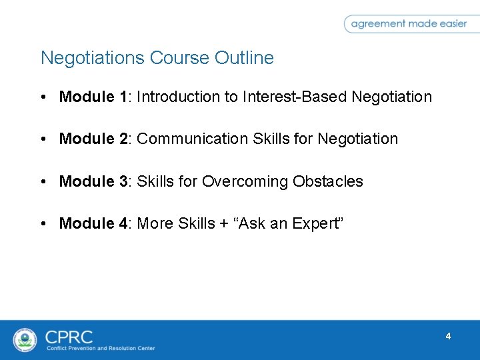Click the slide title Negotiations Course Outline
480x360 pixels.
click(x=157, y=58)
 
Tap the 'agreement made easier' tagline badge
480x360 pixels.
click(x=409, y=23)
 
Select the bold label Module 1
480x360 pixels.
click(x=95, y=97)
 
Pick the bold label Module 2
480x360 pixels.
click(x=95, y=139)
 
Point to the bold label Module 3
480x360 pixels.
click(x=95, y=181)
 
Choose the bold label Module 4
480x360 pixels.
click(x=95, y=223)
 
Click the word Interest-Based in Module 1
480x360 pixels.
click(x=294, y=97)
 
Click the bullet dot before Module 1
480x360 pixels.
click(x=43, y=97)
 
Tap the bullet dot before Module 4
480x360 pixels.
click(x=43, y=223)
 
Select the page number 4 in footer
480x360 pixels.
click(x=448, y=337)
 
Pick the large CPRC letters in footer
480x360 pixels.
click(x=69, y=336)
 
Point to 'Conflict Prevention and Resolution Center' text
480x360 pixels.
click(x=100, y=348)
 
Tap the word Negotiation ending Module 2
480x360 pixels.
click(x=357, y=139)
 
